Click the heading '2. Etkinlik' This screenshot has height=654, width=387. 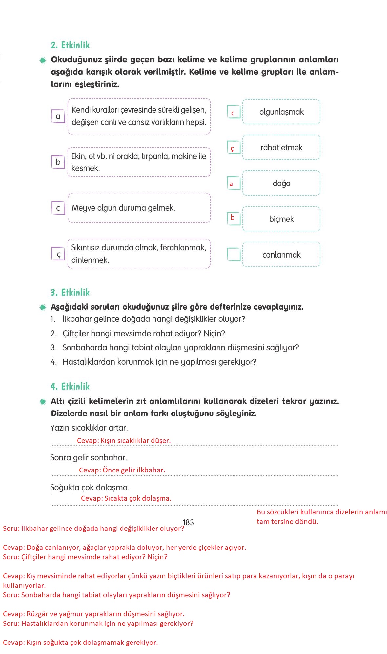(x=70, y=45)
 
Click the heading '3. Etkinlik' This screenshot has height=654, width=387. (x=70, y=292)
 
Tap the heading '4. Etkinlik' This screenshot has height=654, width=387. (x=70, y=386)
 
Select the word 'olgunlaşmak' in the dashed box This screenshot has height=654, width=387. (x=281, y=112)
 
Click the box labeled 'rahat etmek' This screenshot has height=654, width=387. (x=281, y=148)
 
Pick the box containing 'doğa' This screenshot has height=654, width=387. (x=281, y=183)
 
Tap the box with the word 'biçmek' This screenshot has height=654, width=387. (x=281, y=219)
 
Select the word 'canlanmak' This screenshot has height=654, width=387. (x=281, y=255)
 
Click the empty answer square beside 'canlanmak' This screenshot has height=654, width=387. (x=234, y=254)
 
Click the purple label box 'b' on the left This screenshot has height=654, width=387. (x=58, y=162)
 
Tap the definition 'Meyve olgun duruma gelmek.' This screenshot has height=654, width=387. (x=123, y=208)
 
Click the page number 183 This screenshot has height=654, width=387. (x=188, y=522)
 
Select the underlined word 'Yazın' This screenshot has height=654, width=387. (x=56, y=428)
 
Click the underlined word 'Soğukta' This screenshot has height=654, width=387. (x=61, y=487)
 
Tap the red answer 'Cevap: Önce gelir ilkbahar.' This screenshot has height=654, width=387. (x=122, y=470)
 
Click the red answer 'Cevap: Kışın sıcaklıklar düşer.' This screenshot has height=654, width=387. (x=124, y=441)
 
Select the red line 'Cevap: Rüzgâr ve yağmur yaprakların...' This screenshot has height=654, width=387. (x=94, y=614)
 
